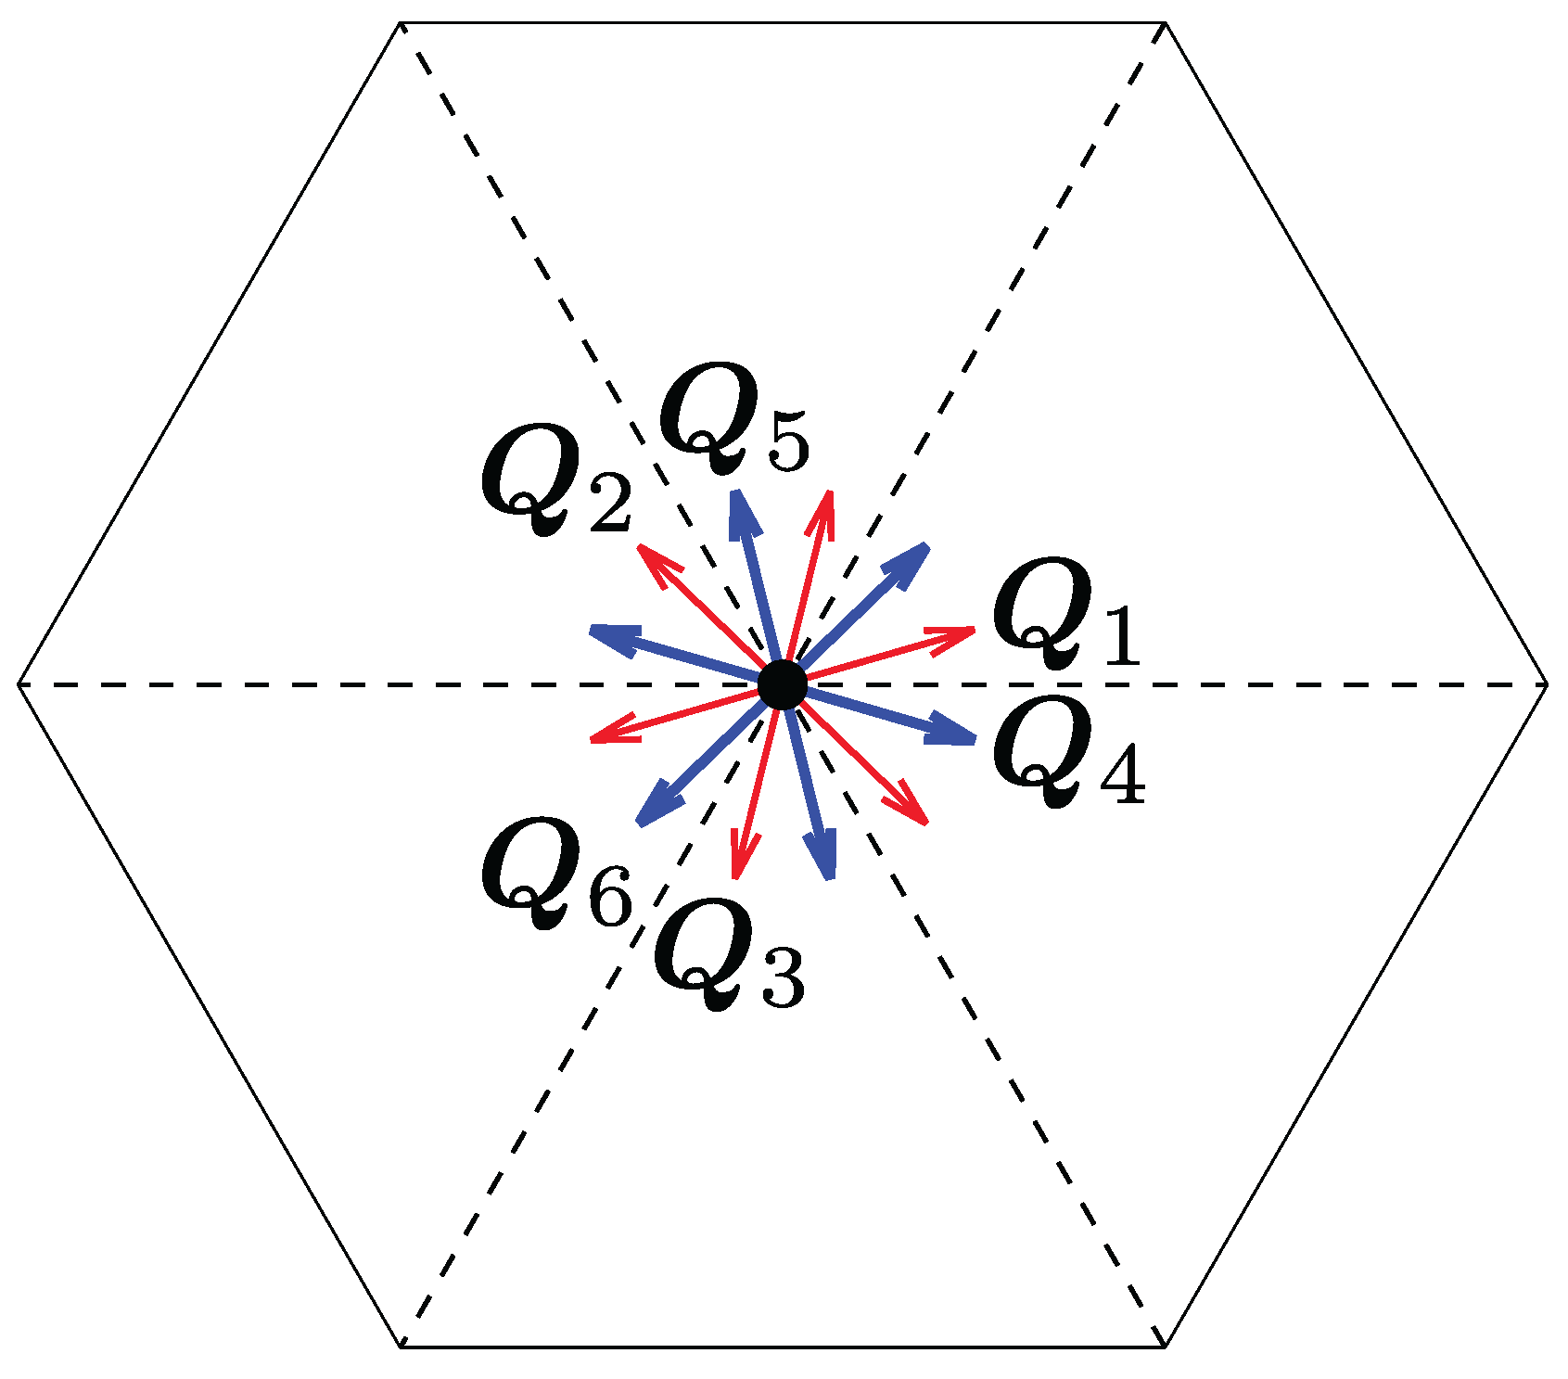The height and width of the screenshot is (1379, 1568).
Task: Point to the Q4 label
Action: click(1068, 752)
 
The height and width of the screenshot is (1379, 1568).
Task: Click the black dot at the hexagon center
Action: click(783, 685)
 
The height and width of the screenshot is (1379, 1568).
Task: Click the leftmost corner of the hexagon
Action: click(19, 684)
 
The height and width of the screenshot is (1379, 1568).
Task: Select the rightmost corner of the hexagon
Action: click(1547, 684)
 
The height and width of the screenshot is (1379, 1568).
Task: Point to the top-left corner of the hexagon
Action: click(401, 22)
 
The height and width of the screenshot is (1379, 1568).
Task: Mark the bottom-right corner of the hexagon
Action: click(1165, 1346)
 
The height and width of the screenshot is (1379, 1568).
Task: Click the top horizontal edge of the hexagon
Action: click(783, 22)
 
